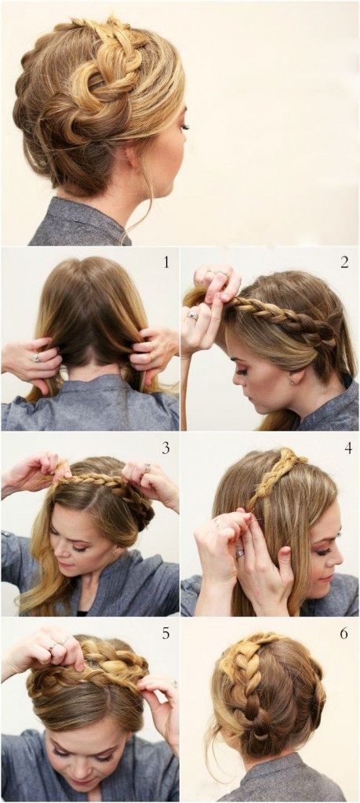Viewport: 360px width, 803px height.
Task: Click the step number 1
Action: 166,263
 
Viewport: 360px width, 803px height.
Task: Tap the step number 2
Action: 344,263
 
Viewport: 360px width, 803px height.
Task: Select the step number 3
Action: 166,448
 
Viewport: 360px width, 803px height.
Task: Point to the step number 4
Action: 348,448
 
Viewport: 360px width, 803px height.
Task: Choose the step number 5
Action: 166,634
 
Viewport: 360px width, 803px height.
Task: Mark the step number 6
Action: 344,634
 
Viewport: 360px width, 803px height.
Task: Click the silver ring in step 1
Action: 36,358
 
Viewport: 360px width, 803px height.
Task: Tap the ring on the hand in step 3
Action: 147,467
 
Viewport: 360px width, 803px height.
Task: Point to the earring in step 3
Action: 116,551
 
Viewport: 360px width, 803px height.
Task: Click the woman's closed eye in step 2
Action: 243,372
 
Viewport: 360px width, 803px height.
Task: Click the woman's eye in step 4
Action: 324,552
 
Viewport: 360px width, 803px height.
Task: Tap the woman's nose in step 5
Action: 91,768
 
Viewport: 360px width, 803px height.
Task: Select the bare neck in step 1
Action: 90,370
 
